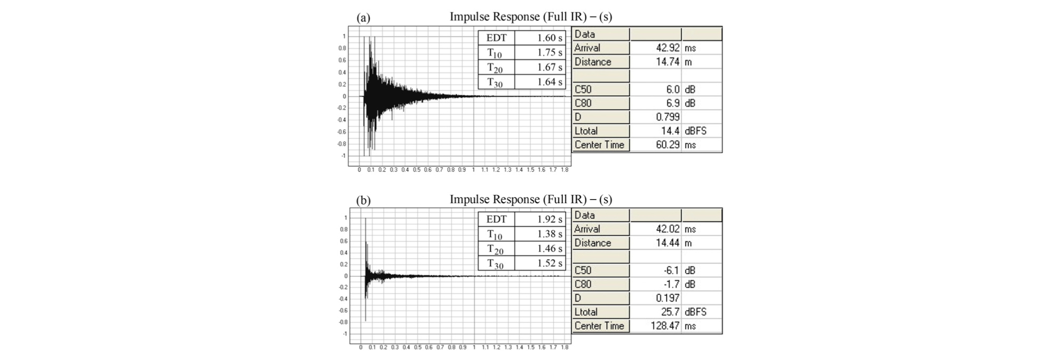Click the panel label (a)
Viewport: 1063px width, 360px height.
(x=363, y=18)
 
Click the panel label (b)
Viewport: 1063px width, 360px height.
(x=363, y=201)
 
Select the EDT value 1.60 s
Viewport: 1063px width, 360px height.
(x=549, y=38)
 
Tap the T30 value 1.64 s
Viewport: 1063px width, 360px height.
(x=549, y=82)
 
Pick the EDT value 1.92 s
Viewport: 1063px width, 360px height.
(x=549, y=219)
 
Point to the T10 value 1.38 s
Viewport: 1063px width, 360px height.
(x=549, y=233)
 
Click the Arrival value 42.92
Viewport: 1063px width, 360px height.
(x=668, y=48)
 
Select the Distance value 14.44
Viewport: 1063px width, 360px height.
(x=668, y=243)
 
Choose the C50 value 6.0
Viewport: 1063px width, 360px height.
(x=672, y=89)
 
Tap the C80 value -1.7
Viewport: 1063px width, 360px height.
(x=671, y=284)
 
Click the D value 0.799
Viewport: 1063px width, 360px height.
(x=668, y=117)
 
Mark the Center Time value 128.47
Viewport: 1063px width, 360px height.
(x=665, y=326)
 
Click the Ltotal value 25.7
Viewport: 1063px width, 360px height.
(x=670, y=312)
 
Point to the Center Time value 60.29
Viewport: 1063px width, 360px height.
(x=668, y=145)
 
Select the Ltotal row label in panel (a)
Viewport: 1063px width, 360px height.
(x=586, y=131)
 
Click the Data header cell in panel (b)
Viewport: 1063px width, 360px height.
(x=584, y=215)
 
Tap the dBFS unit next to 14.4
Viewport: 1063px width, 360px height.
(x=695, y=131)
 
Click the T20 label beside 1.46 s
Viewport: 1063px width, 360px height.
(x=495, y=249)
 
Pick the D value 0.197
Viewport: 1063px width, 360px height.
(x=668, y=298)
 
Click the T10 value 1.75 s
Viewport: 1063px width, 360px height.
(x=549, y=52)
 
